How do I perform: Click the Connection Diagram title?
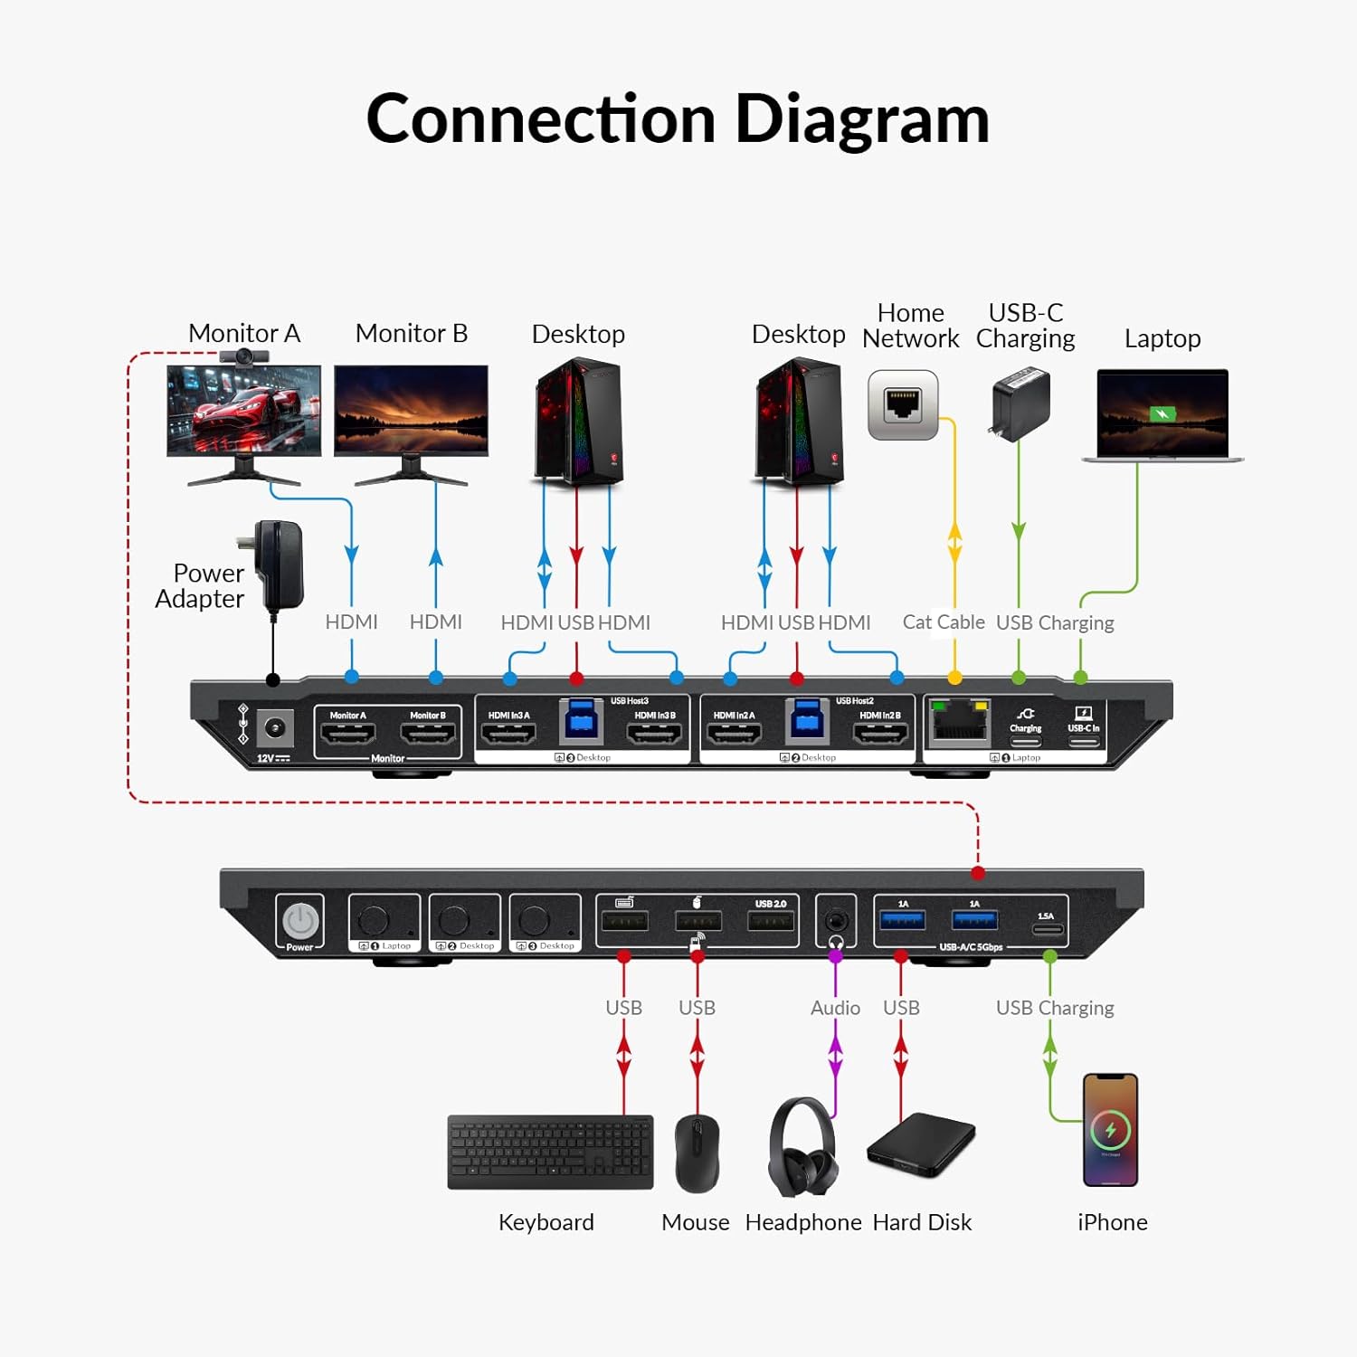pos(678,119)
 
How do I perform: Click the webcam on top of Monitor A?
pos(244,356)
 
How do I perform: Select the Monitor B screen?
pos(411,410)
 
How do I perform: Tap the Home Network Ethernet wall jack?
pos(903,404)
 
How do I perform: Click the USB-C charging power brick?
pos(1021,403)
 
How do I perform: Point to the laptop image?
pos(1162,414)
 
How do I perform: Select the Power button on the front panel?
pos(300,922)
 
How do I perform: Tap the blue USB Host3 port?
pos(581,721)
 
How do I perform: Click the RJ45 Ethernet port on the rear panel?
pos(959,724)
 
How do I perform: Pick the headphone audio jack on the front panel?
pos(836,922)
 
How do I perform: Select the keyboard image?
pos(550,1152)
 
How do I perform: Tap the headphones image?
pos(802,1147)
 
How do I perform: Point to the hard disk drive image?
pos(920,1144)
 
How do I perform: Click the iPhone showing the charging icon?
pos(1110,1129)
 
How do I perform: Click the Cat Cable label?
pos(943,622)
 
